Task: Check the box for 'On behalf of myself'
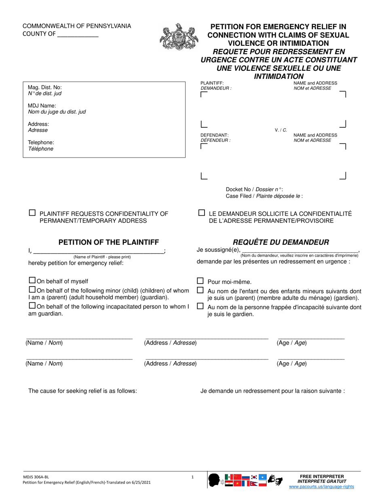[32, 280]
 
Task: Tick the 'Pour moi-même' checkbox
[200, 280]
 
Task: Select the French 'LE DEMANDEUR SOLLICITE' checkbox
[201, 212]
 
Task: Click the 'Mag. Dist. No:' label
[45, 87]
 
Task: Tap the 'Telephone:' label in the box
[41, 142]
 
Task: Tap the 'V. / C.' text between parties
[281, 130]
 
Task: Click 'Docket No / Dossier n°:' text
[254, 189]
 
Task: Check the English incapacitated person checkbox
[32, 306]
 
